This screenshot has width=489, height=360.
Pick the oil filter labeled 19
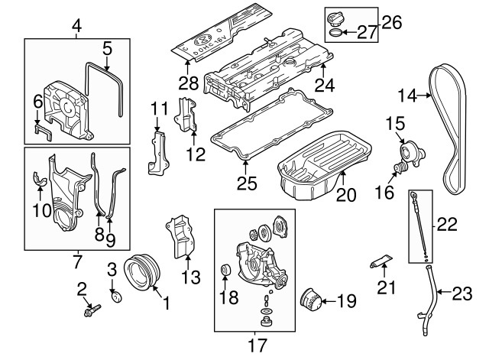click(312, 299)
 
